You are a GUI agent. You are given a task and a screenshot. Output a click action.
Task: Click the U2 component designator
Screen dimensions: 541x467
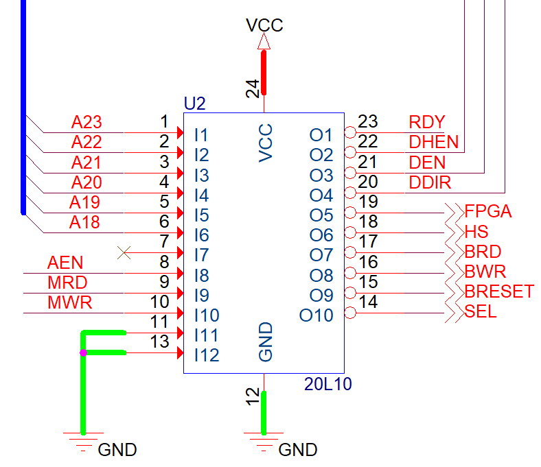[x=195, y=104]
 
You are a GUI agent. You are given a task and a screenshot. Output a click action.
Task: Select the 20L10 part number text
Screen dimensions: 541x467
[x=327, y=384]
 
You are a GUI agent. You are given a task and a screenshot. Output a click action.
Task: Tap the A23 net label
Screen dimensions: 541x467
[x=87, y=122]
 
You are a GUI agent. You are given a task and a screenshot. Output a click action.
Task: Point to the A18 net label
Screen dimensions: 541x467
[x=84, y=222]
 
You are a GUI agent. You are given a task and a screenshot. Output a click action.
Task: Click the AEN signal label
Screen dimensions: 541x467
[x=65, y=263]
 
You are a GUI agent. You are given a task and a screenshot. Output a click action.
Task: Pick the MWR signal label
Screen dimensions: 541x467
[x=70, y=302]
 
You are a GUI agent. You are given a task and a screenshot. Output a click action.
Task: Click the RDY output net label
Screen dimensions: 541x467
[x=427, y=122]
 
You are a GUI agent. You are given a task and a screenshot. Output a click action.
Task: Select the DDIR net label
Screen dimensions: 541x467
[x=430, y=182]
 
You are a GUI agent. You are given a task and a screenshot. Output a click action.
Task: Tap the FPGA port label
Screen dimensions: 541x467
[x=488, y=211]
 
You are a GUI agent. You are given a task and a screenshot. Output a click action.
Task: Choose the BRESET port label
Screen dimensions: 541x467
[x=499, y=291]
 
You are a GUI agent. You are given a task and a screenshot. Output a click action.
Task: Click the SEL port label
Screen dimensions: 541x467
[x=481, y=311]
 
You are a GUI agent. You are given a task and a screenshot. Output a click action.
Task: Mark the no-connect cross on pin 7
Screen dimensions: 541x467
[x=124, y=252]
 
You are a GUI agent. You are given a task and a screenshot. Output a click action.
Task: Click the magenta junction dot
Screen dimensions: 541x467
[x=83, y=352]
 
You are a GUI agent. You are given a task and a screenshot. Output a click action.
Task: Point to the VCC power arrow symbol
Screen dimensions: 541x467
[x=264, y=41]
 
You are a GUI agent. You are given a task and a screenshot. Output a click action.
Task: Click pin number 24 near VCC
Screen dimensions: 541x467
[x=253, y=88]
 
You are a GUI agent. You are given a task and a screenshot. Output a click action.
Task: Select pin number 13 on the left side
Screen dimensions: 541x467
[x=159, y=342]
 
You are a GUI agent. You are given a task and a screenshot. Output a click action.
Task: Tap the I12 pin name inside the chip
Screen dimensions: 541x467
[x=207, y=355]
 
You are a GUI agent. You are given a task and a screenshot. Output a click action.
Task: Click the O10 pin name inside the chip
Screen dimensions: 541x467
[x=316, y=315]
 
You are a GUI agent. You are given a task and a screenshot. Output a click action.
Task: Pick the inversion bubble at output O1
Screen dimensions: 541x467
[x=350, y=132]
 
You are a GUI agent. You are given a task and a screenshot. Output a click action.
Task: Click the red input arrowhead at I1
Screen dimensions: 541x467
[x=180, y=132]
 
